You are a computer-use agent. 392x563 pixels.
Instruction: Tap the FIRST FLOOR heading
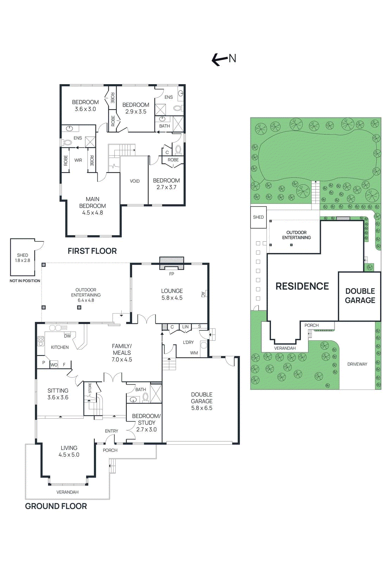[92, 251]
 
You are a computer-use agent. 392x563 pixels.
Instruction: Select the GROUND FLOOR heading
[56, 506]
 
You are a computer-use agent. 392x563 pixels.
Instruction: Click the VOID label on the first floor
[135, 181]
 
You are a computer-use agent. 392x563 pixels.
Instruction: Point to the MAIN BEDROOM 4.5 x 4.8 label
[92, 206]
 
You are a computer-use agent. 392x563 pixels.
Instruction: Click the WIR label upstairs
[78, 160]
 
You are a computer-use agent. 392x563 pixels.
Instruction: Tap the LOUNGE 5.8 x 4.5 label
[172, 294]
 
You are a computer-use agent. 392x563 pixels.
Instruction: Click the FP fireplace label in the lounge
[172, 274]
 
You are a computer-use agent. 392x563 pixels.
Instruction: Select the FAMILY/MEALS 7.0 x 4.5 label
[122, 353]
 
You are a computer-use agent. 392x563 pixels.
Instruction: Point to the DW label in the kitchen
[68, 336]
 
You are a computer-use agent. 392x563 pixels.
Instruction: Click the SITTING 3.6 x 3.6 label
[58, 394]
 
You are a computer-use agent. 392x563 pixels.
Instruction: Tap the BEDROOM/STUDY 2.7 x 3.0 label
[146, 423]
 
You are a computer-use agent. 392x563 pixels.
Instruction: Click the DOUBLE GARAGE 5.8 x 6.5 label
[202, 401]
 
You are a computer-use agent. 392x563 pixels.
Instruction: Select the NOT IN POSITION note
[25, 281]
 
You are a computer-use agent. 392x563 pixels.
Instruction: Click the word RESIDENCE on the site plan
[302, 286]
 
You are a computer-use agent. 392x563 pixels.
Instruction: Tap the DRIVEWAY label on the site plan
[357, 364]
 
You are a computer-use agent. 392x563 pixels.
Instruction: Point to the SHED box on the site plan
[258, 217]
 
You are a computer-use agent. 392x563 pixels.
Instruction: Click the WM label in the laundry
[194, 353]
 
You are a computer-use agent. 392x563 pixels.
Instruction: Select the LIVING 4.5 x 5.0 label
[69, 451]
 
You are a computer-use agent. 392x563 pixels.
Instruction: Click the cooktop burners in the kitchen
[41, 341]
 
